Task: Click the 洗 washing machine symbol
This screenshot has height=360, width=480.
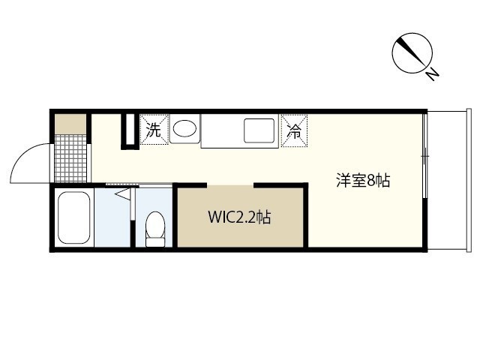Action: click(154, 129)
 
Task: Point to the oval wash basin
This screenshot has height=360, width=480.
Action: click(184, 130)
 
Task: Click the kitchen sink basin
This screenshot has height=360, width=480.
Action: click(259, 130)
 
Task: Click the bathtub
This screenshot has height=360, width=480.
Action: click(73, 217)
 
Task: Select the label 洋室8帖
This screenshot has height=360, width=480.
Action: click(362, 181)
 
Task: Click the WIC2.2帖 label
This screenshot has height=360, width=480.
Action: click(239, 217)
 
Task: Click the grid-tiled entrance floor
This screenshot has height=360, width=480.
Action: click(69, 157)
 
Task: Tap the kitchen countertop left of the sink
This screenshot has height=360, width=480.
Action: click(221, 130)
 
